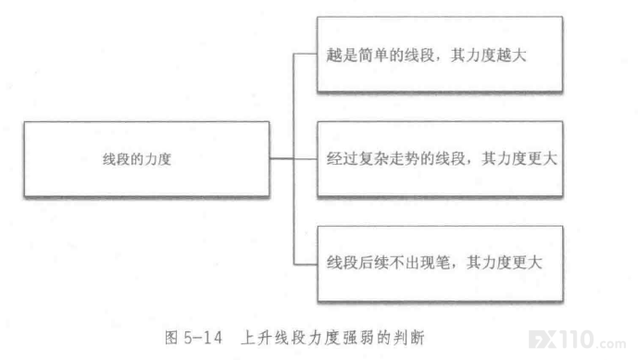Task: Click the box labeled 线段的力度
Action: pos(146,159)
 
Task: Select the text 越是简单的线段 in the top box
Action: pos(381,55)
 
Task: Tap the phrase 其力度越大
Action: pos(488,55)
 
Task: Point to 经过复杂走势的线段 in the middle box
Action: pos(395,158)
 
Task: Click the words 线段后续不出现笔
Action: pos(388,263)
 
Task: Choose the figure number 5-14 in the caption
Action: pos(203,338)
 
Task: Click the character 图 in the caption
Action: pos(171,338)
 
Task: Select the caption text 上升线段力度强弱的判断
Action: pos(332,338)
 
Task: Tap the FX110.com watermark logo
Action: pos(578,340)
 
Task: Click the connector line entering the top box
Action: pos(306,54)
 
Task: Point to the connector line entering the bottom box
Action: pos(306,265)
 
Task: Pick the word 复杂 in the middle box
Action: pos(372,158)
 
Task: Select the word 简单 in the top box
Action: pos(373,55)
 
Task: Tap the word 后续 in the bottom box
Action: pos(373,263)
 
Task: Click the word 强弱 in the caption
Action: pos(358,338)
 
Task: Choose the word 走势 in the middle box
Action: pos(403,158)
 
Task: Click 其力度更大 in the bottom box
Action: pos(504,263)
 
